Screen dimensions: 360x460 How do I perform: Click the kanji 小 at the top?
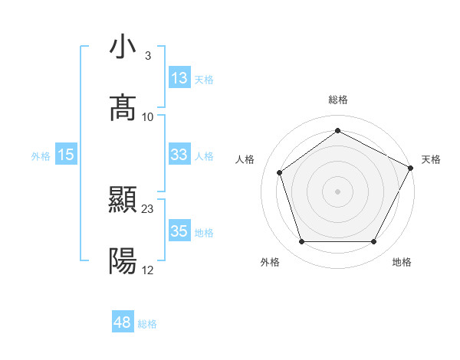coord(123,47)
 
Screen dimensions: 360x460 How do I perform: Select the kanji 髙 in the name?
coord(123,107)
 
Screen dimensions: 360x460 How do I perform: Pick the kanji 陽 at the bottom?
coord(123,262)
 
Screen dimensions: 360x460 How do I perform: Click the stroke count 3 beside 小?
coord(147,56)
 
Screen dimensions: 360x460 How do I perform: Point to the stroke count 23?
coord(148,208)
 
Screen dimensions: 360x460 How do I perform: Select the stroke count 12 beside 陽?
coord(148,270)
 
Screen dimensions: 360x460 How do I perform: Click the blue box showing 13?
coord(179,78)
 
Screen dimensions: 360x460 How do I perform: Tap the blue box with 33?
coord(179,155)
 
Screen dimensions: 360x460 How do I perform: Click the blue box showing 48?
coord(123,322)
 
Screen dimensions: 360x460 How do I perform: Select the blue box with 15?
coord(67,155)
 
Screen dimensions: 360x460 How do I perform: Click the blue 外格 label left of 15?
coord(41,155)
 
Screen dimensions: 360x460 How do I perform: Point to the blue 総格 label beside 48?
coord(147,323)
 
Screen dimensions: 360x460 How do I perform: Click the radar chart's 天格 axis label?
coord(431,159)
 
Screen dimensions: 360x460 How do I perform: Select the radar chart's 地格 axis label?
coord(402,262)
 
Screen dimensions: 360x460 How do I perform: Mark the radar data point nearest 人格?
coord(280,172)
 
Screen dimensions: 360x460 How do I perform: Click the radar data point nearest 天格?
coord(412,167)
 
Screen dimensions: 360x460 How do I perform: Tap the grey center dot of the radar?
coord(337,191)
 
